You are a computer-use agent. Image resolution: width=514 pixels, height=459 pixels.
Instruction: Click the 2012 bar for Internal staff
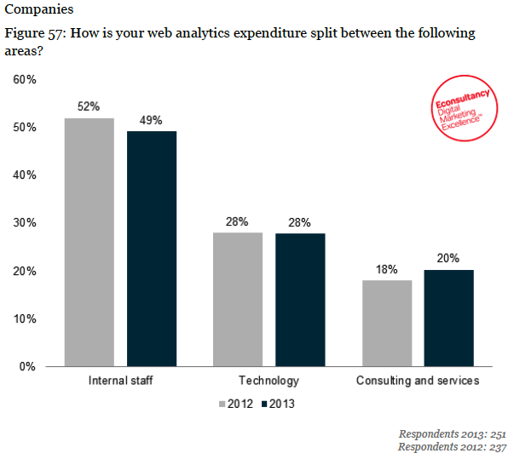click(x=89, y=242)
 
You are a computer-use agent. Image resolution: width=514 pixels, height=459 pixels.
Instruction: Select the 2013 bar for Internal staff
click(x=152, y=249)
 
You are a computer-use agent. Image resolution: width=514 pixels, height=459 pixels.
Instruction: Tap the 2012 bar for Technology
click(x=237, y=299)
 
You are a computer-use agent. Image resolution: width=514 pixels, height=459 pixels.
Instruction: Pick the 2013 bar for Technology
click(x=300, y=299)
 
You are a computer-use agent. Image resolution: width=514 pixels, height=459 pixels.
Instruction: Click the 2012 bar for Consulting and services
click(x=386, y=323)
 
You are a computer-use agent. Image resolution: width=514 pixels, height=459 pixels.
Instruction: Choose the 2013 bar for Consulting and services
click(x=448, y=318)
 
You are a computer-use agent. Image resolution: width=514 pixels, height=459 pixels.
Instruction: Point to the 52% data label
click(x=89, y=107)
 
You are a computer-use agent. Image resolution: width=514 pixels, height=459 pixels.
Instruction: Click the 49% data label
click(x=152, y=120)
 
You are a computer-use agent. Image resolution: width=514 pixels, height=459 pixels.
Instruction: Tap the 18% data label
click(x=386, y=269)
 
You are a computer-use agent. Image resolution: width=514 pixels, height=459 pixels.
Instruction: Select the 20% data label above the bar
click(x=448, y=258)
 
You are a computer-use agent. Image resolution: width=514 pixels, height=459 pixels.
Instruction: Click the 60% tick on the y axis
click(x=24, y=80)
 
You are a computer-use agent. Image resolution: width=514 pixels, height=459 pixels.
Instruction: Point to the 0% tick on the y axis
click(x=27, y=367)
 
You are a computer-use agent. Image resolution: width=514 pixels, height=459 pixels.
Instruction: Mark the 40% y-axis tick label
click(x=24, y=175)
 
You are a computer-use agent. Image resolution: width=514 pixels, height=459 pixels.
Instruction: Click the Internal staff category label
click(x=120, y=381)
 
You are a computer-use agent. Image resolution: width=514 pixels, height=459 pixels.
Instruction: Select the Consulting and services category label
click(x=417, y=381)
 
